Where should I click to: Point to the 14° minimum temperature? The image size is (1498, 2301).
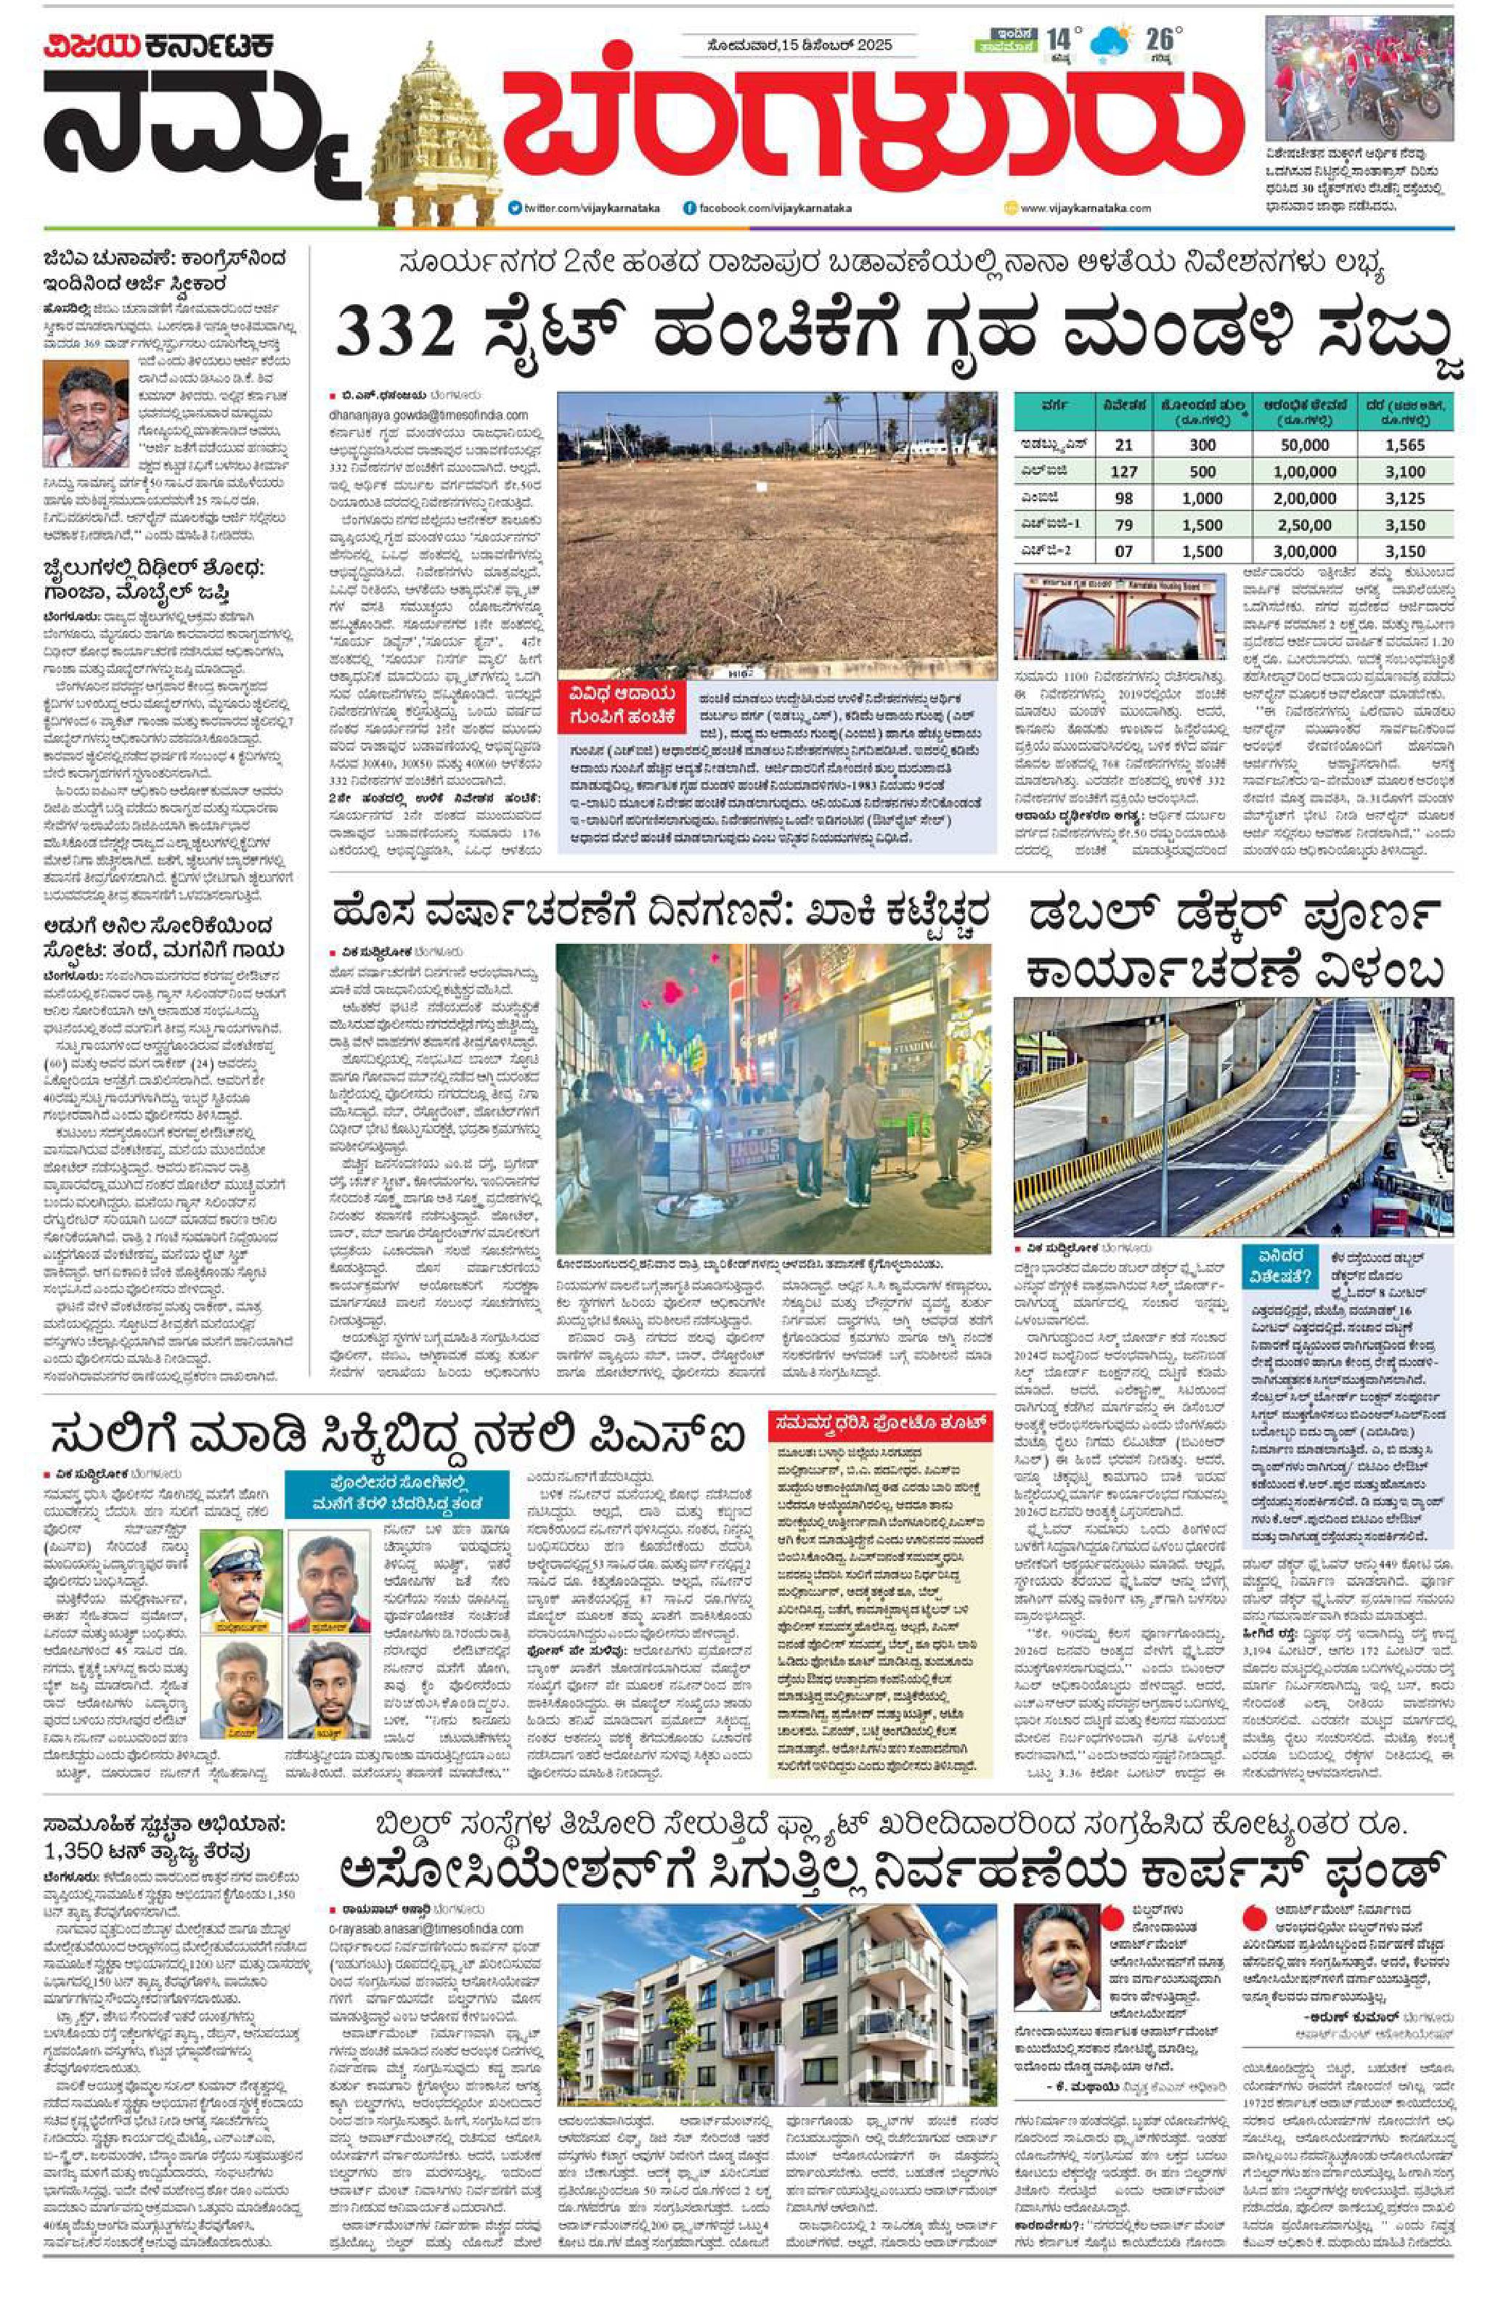click(x=1060, y=40)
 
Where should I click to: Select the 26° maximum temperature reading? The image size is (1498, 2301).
click(x=1160, y=40)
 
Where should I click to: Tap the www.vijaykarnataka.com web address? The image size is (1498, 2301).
click(x=1083, y=208)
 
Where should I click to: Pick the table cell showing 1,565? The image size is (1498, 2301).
click(x=1404, y=444)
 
